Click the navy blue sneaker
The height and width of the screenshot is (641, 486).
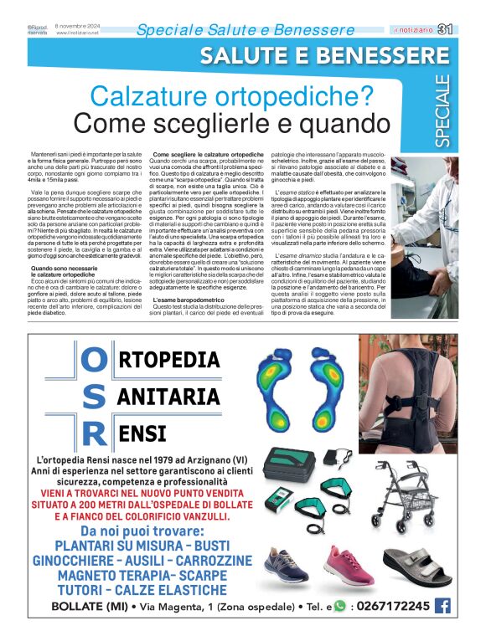point(282,567)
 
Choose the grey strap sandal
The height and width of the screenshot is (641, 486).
point(416,567)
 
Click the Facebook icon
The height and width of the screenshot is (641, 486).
point(442,606)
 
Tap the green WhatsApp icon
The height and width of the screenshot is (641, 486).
point(339,607)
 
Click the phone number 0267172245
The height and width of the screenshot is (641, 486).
point(394,607)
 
